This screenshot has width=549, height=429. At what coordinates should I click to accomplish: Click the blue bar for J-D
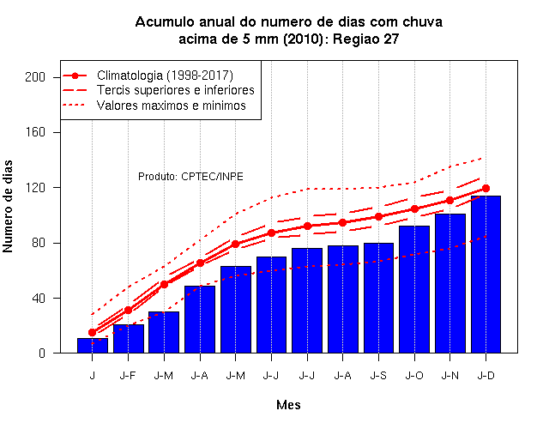tap(486, 275)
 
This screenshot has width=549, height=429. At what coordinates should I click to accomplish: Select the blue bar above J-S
tap(378, 298)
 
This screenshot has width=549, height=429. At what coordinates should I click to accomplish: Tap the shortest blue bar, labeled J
tap(93, 345)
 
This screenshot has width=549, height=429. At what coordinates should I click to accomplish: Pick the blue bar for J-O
tap(414, 289)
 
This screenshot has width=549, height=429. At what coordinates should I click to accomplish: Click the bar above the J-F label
tap(129, 339)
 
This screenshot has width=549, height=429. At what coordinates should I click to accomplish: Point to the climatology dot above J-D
tap(486, 189)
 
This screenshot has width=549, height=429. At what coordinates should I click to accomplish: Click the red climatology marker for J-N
tap(449, 200)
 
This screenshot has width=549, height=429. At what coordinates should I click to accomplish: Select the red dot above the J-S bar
tap(378, 217)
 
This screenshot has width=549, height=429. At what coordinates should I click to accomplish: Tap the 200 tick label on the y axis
tap(35, 77)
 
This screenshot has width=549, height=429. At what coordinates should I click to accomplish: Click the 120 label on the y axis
tap(35, 188)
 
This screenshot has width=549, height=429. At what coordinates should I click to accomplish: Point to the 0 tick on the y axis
tap(42, 353)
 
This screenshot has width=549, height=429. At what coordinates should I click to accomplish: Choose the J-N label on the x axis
tap(449, 376)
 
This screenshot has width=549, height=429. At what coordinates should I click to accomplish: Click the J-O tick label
tap(414, 376)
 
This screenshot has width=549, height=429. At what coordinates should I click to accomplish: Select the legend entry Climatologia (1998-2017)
tap(165, 76)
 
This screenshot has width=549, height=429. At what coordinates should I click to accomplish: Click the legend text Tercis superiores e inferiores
tap(176, 90)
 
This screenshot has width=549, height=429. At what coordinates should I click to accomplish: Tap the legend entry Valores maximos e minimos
tap(172, 106)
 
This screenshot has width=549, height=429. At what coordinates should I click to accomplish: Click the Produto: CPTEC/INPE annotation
tap(190, 177)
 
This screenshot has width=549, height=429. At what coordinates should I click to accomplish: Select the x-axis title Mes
tap(288, 405)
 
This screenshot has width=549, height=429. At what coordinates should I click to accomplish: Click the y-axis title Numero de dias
tap(8, 206)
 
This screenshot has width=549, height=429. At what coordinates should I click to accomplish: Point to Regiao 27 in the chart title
tap(366, 39)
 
